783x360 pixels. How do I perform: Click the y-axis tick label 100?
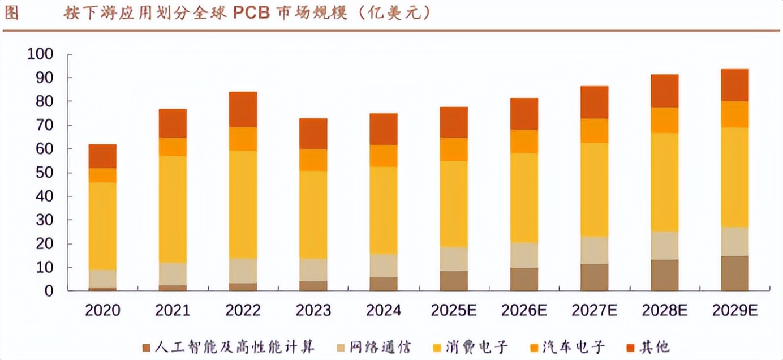40,54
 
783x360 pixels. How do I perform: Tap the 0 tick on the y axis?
49,291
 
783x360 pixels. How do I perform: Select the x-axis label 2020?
102,310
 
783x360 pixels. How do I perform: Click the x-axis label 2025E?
454,310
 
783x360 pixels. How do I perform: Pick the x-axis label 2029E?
734,310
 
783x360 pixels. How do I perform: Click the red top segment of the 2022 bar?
243,109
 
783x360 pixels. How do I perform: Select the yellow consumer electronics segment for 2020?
102,226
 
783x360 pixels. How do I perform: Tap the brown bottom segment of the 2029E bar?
734,273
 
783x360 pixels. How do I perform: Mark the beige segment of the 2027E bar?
594,250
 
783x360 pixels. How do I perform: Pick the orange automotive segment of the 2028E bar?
664,120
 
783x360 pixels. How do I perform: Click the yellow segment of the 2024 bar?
384,210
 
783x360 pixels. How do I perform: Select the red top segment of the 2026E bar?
524,114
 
